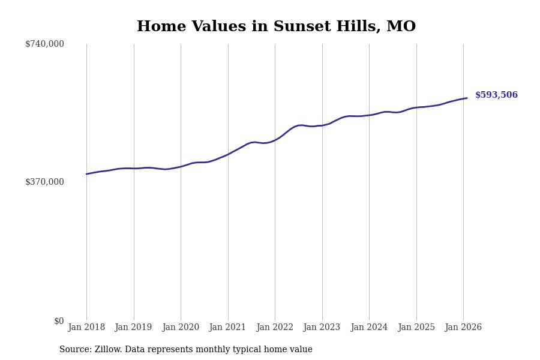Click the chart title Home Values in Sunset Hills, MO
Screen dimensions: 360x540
click(x=276, y=27)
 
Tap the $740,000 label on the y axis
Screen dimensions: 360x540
click(x=44, y=44)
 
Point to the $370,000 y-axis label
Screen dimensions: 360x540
click(x=44, y=182)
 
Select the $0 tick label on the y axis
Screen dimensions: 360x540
click(x=59, y=321)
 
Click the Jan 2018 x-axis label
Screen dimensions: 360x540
click(x=86, y=327)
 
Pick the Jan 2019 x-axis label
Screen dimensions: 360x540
click(x=133, y=327)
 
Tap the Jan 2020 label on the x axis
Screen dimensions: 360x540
click(x=181, y=327)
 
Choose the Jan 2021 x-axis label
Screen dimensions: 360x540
click(x=227, y=327)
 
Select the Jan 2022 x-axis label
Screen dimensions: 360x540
click(x=275, y=327)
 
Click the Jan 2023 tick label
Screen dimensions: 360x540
click(x=322, y=327)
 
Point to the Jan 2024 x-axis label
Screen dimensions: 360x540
click(x=369, y=327)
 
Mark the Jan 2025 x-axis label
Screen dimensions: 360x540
click(x=416, y=327)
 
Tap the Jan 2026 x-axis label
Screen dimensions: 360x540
click(x=463, y=327)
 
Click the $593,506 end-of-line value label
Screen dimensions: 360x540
click(x=496, y=95)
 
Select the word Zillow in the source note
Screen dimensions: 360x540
click(x=108, y=350)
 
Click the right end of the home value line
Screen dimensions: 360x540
click(x=467, y=98)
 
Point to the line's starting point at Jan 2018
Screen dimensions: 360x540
click(x=86, y=174)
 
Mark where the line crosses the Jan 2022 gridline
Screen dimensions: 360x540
click(x=275, y=140)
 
